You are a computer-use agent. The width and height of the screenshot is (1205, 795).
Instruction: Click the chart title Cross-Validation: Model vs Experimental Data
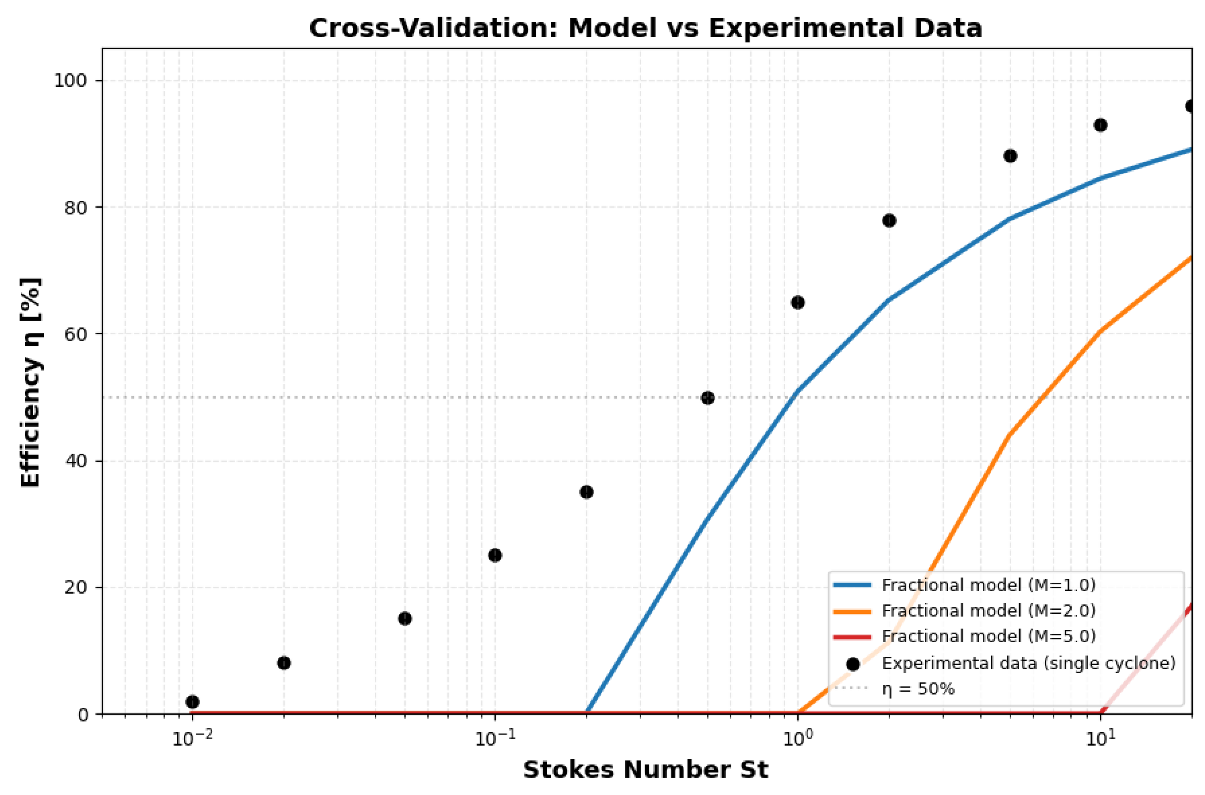pos(645,28)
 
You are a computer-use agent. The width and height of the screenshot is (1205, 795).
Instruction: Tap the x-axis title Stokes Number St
pos(645,769)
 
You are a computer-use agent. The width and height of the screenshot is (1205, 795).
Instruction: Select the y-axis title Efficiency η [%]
pos(30,382)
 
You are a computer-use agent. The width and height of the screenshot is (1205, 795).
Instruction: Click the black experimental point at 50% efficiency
pos(707,398)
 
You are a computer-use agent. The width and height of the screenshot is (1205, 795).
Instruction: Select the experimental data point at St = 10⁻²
pos(193,702)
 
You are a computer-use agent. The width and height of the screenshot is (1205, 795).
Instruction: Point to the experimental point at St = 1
pos(798,303)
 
